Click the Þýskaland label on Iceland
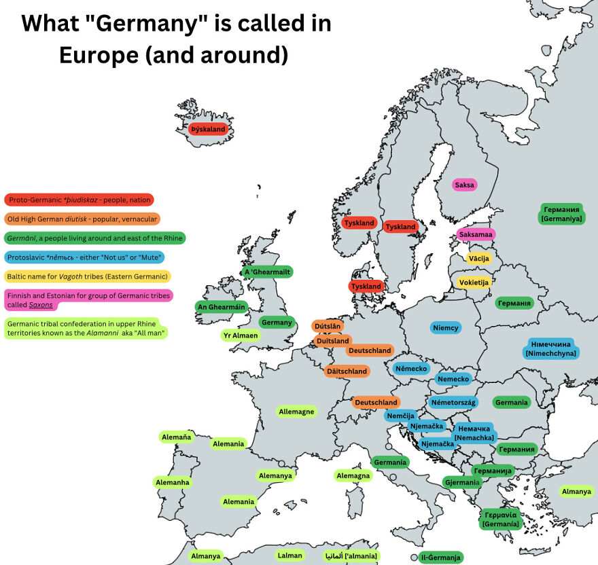tap(207, 129)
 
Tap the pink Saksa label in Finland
tap(465, 185)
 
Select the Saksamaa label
tap(476, 234)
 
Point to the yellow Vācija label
tap(479, 258)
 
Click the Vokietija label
tap(474, 282)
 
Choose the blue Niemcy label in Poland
tap(446, 328)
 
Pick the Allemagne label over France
tap(296, 412)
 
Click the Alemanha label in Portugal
tap(173, 482)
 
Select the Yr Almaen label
tap(241, 335)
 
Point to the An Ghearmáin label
tap(221, 307)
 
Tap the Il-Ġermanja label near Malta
tap(440, 558)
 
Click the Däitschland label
tap(347, 371)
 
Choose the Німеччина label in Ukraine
tap(550, 348)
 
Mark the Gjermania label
tap(462, 482)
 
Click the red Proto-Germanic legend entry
tap(79, 200)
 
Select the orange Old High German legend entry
tap(82, 219)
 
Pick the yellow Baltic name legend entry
tap(87, 276)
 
